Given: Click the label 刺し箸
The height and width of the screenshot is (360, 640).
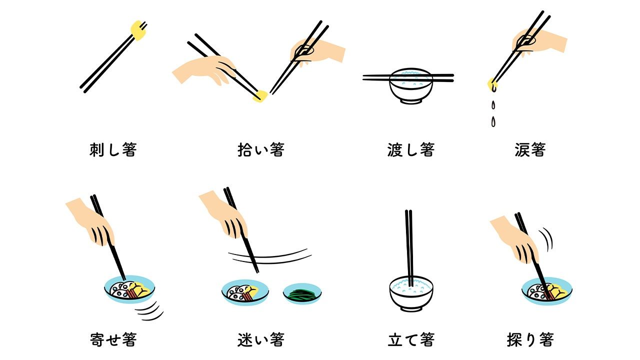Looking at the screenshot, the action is tap(113, 149).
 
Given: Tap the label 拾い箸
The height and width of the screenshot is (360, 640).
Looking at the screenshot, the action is tap(261, 149).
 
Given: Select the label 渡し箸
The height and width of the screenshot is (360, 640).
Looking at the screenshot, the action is tap(411, 149).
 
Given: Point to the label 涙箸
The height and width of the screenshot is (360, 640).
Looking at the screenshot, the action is tap(530, 149).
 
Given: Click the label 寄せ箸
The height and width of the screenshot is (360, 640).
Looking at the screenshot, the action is tap(113, 339).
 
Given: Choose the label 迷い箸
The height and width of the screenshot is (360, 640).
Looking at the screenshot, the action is tap(261, 339).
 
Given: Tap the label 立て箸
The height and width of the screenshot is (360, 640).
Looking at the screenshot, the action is tap(411, 339).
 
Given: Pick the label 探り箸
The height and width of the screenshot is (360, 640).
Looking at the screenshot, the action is tap(530, 339).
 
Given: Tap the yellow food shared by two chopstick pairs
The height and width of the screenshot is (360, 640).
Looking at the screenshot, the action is tap(260, 96).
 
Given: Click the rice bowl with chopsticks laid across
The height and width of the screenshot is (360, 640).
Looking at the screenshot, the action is tap(411, 85).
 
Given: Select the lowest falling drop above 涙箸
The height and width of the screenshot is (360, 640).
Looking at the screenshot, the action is tap(493, 121).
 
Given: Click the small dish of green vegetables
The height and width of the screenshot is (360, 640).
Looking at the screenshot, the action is tap(302, 293).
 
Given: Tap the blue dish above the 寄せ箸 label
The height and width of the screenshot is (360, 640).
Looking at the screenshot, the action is tap(129, 289).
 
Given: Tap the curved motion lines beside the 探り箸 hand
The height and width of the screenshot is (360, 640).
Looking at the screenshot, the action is tap(546, 239).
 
